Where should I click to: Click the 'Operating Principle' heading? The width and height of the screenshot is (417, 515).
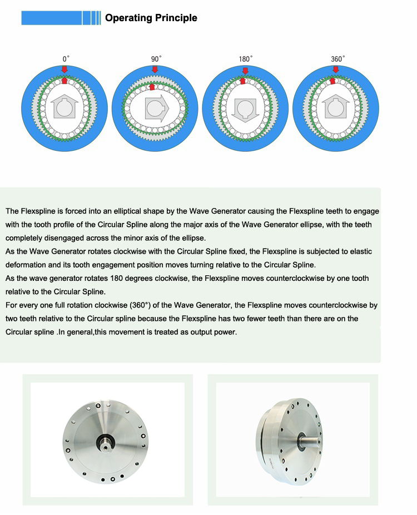[151, 18]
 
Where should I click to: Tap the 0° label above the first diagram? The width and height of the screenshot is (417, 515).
[66, 58]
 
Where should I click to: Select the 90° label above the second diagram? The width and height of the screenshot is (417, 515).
[156, 58]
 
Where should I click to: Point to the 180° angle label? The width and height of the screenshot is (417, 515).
[246, 58]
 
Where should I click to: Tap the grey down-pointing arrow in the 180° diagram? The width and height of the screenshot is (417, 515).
[245, 109]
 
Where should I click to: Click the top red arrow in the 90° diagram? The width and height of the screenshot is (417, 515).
[154, 69]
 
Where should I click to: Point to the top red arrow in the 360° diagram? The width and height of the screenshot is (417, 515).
[335, 69]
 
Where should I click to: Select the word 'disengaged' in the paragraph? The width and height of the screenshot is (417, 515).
[64, 238]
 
